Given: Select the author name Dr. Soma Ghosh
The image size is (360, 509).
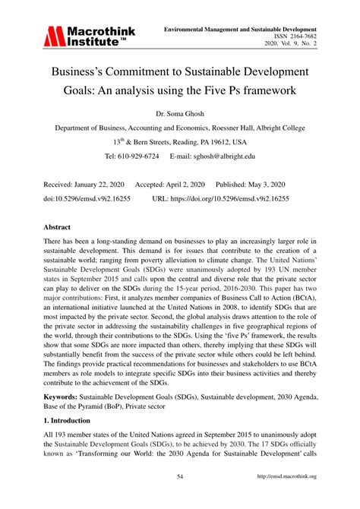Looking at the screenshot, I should pos(180,111).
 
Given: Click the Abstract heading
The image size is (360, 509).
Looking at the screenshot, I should pos(58,227).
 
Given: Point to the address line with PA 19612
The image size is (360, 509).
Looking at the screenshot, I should pos(180,141).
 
